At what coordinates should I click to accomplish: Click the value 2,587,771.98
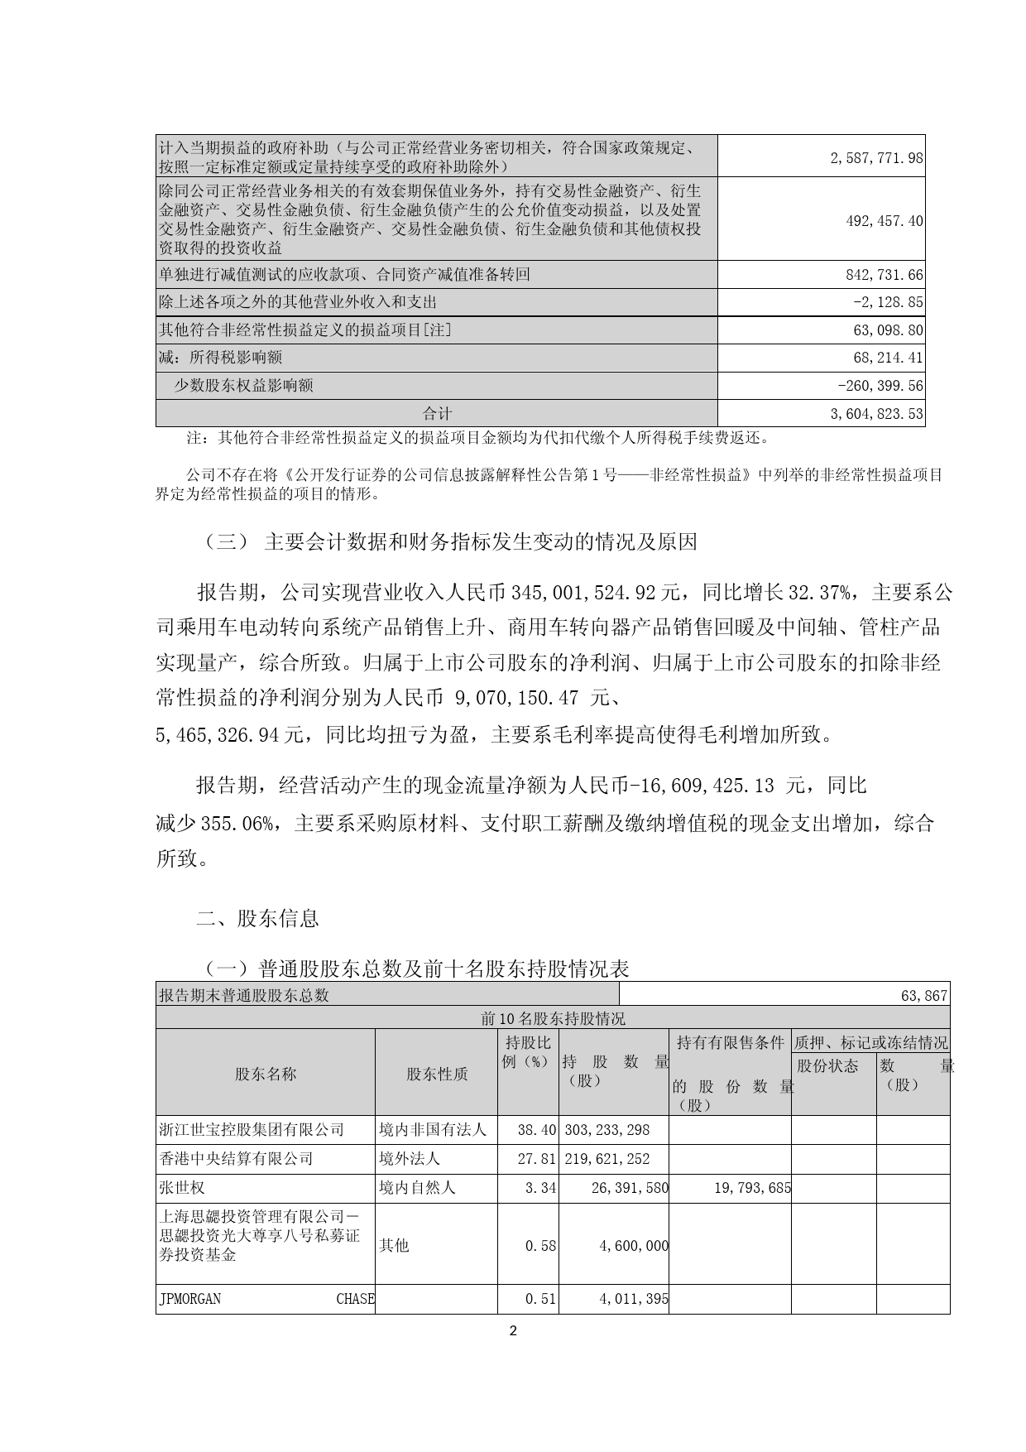(876, 157)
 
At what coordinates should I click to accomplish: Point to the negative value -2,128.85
(888, 302)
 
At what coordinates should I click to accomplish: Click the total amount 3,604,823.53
(876, 413)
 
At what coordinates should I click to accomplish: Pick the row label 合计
(437, 413)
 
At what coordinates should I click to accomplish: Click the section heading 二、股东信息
(257, 918)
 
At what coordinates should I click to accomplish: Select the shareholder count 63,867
(924, 995)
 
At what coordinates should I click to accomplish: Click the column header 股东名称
(266, 1074)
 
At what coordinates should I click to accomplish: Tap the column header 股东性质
(437, 1074)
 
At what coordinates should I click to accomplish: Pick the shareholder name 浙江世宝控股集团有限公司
(252, 1129)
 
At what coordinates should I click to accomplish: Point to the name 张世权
(182, 1188)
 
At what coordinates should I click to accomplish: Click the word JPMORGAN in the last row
(190, 1299)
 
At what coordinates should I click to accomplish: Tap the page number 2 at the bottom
(513, 1332)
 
